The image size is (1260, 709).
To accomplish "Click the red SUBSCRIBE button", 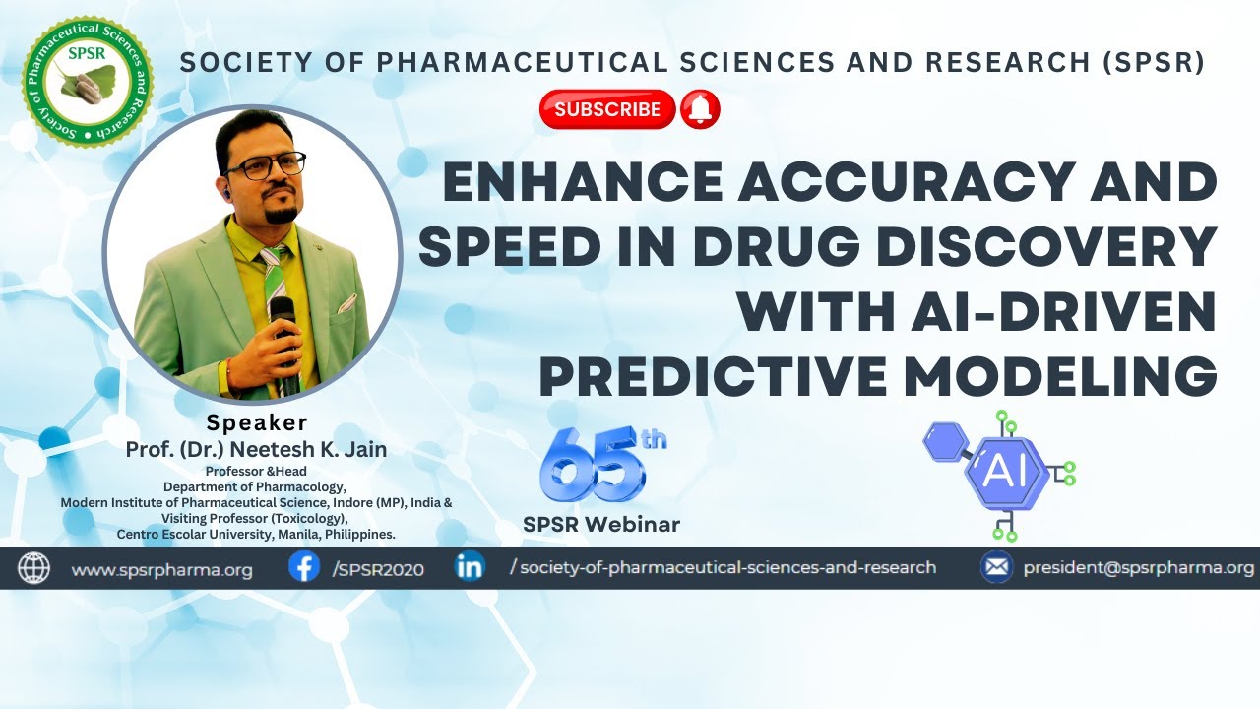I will coord(606,109).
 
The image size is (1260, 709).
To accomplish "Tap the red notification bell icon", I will coord(701,109).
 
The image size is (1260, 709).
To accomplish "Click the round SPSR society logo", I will coord(88,82).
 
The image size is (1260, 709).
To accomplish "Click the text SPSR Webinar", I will coord(601,525).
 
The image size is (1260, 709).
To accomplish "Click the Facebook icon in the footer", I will coord(304,567).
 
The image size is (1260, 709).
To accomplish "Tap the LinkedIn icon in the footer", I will coord(471,567).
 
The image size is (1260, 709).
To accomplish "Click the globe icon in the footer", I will coord(34,568).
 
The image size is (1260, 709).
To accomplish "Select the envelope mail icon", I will coord(997,567).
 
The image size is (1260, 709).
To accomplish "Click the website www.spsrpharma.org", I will coord(162,569).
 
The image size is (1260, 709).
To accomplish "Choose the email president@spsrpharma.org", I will coord(1139,568).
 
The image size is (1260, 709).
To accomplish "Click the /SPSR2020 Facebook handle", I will coord(378,569).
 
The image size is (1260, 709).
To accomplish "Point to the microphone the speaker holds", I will coord(283,325).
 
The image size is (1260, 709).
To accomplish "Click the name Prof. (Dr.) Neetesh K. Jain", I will coord(256,449).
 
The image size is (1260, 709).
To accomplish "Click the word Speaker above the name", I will coord(256,422).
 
